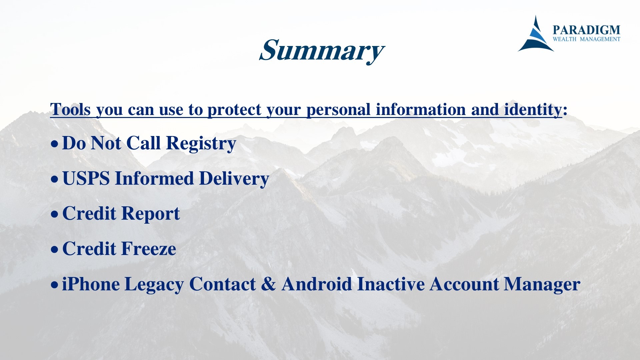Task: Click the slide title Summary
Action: tap(322, 51)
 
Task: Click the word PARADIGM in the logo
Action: tap(586, 30)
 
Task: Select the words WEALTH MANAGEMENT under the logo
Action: tap(586, 39)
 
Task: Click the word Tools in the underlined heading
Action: tap(70, 109)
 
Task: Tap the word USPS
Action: tap(86, 178)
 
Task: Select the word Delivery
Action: tap(234, 179)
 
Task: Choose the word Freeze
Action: tap(148, 249)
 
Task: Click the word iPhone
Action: tap(91, 284)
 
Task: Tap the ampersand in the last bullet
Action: tap(269, 284)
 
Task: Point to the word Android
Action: tap(317, 284)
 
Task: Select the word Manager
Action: tap(542, 285)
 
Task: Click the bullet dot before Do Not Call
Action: tap(54, 144)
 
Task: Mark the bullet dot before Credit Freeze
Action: tap(54, 249)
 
